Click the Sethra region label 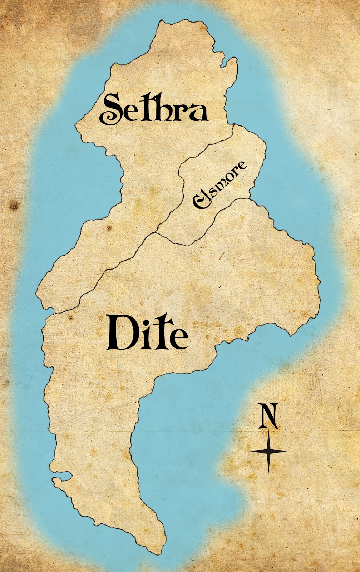coord(154,108)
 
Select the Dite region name coord(148,333)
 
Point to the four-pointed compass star coord(268,451)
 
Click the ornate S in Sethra coord(112,109)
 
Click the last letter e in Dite coord(179,337)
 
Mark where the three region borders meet coord(156,233)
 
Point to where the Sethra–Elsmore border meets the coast coord(233,124)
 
